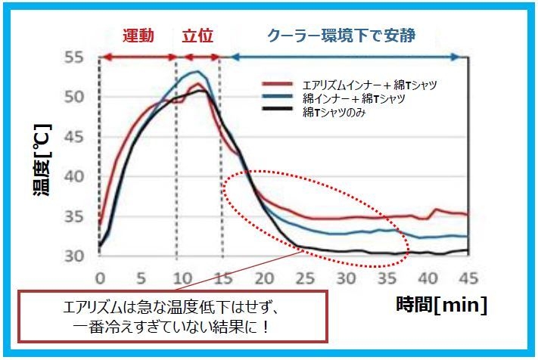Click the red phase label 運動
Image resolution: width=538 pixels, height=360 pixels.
pos(139,36)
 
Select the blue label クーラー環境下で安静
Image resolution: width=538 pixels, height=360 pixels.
pos(342,36)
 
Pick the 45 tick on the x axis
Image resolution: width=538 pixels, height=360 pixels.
pos(466,276)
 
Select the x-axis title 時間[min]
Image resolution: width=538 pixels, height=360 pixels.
pos(442,306)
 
